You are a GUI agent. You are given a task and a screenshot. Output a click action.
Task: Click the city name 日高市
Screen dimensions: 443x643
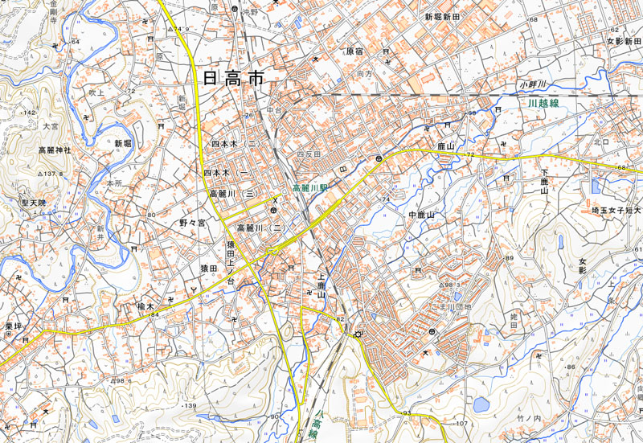[x=234, y=78]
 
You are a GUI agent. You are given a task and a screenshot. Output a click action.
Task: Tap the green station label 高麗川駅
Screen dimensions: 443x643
[x=310, y=187]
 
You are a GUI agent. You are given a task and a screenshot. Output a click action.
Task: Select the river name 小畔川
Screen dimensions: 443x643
[x=531, y=84]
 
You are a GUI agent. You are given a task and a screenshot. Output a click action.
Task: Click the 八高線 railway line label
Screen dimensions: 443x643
[x=317, y=427]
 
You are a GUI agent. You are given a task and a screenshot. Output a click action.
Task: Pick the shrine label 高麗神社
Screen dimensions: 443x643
[x=55, y=150]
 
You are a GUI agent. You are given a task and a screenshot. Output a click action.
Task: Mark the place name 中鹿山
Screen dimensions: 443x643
[x=421, y=215]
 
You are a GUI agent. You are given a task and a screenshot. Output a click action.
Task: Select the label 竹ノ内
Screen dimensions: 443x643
[x=530, y=418]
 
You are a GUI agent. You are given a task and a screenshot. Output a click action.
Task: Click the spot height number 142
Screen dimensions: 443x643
[x=31, y=113]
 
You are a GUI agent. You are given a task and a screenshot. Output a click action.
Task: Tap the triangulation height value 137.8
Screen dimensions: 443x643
[x=53, y=174]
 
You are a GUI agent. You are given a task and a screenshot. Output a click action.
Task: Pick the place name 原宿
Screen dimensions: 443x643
[x=354, y=51]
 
